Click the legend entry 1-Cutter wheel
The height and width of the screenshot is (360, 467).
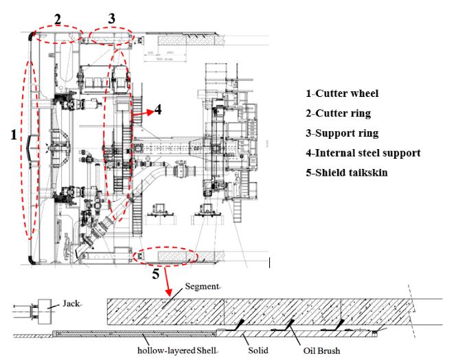(x=342, y=93)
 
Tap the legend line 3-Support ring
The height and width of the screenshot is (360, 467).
(x=342, y=133)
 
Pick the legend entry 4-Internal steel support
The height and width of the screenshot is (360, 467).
(x=363, y=153)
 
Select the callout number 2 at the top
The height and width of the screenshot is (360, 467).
(x=58, y=19)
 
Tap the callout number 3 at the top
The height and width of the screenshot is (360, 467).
(x=112, y=18)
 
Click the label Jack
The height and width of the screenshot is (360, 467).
(x=71, y=302)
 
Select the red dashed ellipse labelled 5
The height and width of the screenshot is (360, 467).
(x=166, y=256)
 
